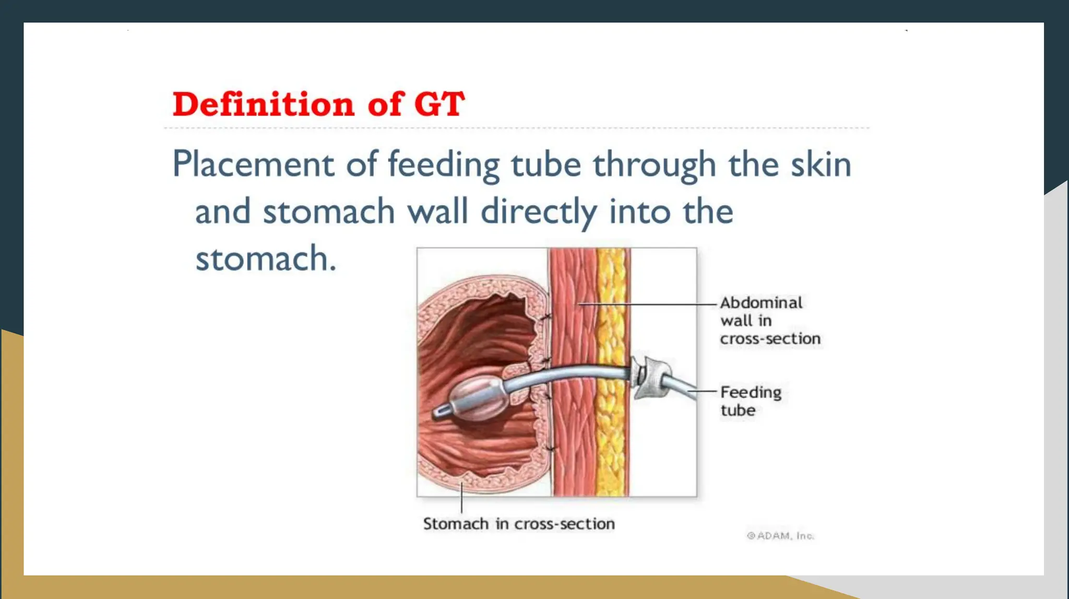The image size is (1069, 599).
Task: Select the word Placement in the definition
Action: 253,165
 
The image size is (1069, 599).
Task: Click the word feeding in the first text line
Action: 443,165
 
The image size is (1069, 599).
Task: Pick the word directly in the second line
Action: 538,212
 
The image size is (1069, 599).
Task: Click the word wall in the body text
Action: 437,212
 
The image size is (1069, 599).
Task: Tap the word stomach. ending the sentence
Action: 265,259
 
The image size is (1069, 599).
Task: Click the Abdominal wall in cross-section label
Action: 769,321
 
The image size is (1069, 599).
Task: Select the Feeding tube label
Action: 750,401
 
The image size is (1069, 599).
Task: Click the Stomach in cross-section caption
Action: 518,524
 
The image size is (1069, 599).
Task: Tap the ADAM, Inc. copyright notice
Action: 780,536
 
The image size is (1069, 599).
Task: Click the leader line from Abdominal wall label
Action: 647,304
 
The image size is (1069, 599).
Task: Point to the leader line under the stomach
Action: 461,499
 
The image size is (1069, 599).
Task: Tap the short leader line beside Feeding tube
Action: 703,391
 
